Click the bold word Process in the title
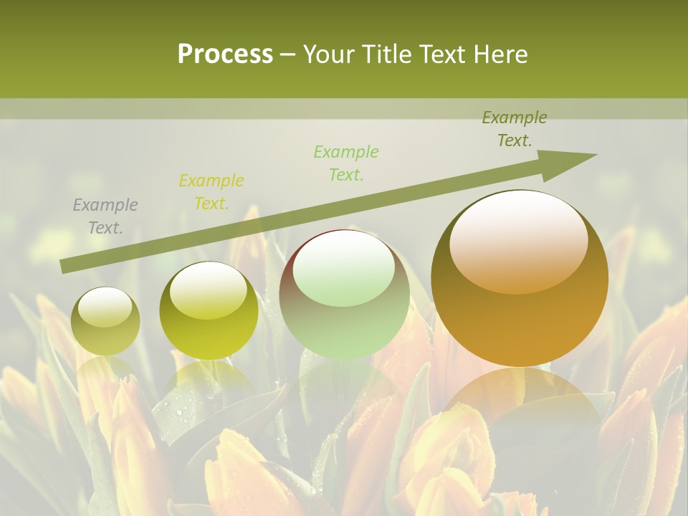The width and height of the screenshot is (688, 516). click(225, 54)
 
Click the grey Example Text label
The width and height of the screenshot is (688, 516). click(105, 216)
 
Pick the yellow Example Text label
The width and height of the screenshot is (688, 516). click(211, 192)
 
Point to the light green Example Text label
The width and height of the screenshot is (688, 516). click(346, 163)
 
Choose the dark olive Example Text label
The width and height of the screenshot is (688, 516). click(515, 129)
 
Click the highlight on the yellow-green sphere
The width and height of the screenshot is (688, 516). click(209, 290)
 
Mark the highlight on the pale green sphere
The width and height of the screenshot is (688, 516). click(344, 269)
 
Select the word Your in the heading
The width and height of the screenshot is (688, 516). click(328, 54)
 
